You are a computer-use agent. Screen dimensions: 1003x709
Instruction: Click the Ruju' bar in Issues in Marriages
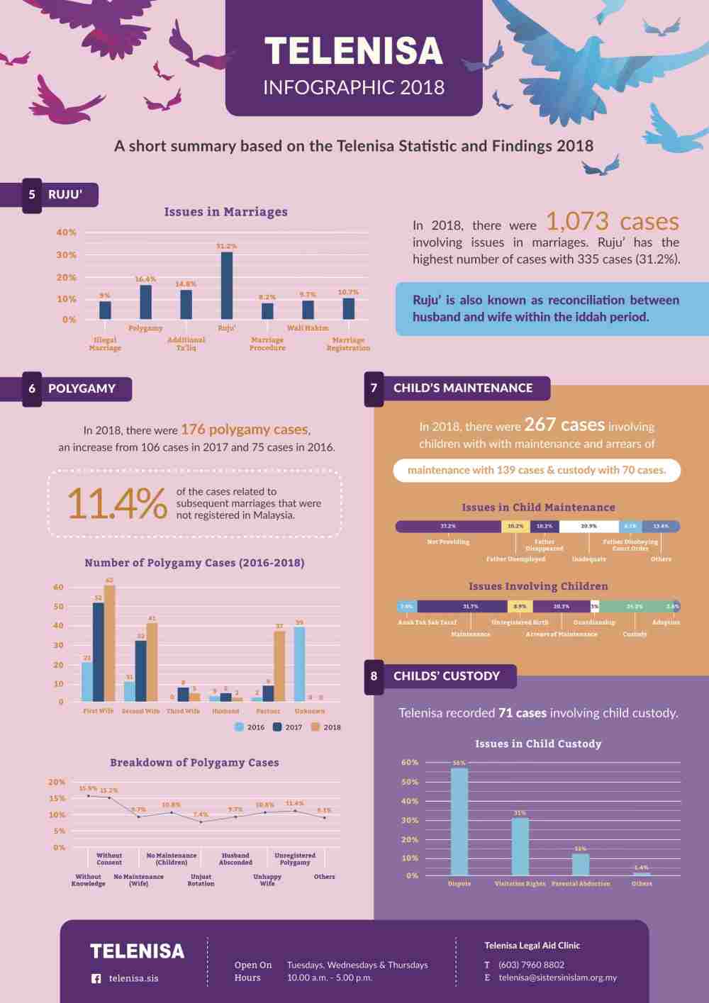coord(227,286)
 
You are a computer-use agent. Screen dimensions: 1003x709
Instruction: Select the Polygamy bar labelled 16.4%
coord(145,302)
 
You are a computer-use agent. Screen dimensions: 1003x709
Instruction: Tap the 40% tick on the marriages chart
coord(66,232)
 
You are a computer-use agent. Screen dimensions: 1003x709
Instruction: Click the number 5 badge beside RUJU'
coord(32,195)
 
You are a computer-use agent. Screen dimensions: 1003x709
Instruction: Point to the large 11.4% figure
coord(117,503)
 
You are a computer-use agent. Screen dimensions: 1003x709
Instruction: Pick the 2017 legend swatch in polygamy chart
coord(278,727)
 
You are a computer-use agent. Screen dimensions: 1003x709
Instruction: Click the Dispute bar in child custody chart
coord(459,822)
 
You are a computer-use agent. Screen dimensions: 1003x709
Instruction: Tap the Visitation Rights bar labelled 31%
coord(520,847)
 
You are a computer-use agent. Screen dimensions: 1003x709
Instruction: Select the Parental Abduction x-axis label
coord(581,884)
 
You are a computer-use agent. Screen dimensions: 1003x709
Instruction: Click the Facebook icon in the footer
coord(96,979)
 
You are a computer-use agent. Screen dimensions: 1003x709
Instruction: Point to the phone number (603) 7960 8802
coord(531,965)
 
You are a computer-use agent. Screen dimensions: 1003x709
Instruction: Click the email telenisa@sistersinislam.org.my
coord(557,977)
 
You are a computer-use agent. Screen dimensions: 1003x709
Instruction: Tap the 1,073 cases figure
coord(612,222)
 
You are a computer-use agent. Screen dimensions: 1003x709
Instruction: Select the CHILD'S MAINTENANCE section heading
coord(463,388)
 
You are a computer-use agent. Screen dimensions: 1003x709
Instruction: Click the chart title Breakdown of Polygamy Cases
coord(194,763)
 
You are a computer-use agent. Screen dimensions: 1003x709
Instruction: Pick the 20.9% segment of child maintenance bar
coord(588,527)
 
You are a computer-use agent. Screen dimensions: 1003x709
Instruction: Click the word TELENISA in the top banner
coord(354,51)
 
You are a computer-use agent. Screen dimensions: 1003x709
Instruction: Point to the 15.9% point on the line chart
coord(88,796)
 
